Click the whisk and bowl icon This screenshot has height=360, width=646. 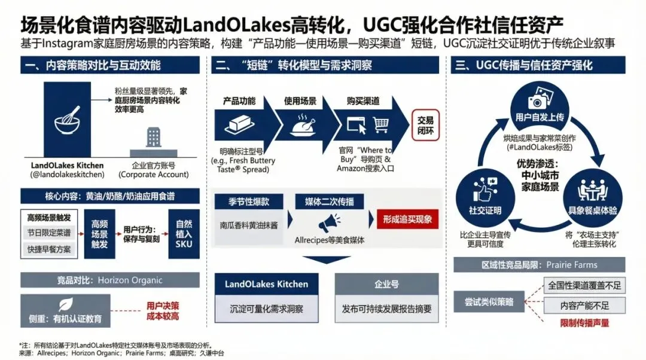67,119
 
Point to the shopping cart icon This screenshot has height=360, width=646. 380,124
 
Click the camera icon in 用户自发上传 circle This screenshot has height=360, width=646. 539,102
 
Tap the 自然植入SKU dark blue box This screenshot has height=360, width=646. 184,233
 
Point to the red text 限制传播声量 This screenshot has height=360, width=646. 584,323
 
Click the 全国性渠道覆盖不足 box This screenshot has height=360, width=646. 584,285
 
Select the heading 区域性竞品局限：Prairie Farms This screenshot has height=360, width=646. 539,264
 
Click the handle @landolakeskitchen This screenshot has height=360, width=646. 67,175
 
